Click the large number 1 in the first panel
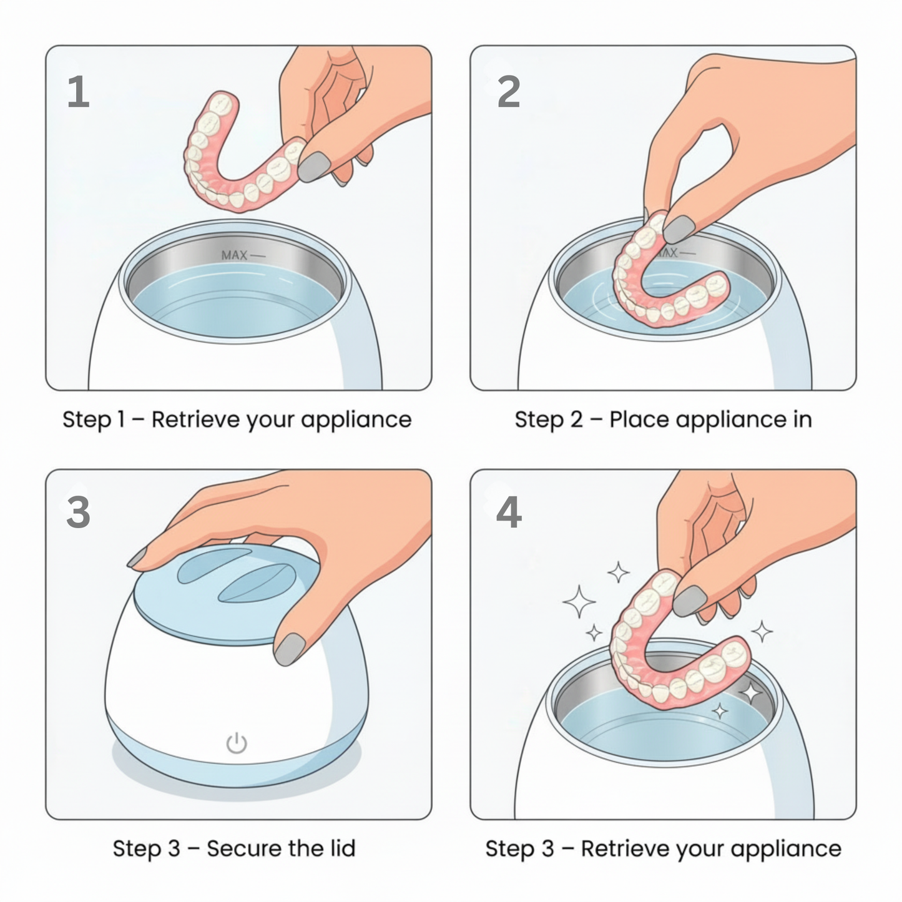(x=78, y=92)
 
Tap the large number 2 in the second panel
(x=509, y=92)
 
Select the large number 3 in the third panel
(x=78, y=512)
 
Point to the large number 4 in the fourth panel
(x=509, y=512)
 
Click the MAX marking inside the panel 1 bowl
(x=235, y=255)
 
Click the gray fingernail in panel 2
(x=679, y=229)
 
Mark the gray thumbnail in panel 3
(x=290, y=649)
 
